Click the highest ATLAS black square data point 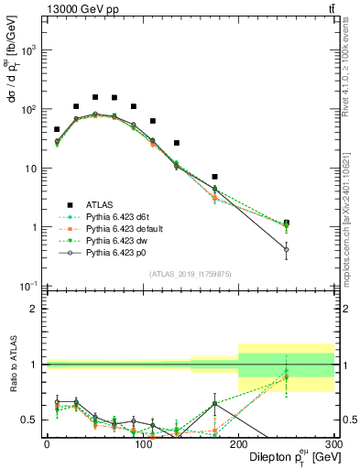(95, 96)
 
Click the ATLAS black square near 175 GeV (214, 176)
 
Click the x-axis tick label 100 (142, 443)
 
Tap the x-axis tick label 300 (333, 443)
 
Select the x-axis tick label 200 (238, 443)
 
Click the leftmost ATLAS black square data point (57, 130)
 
